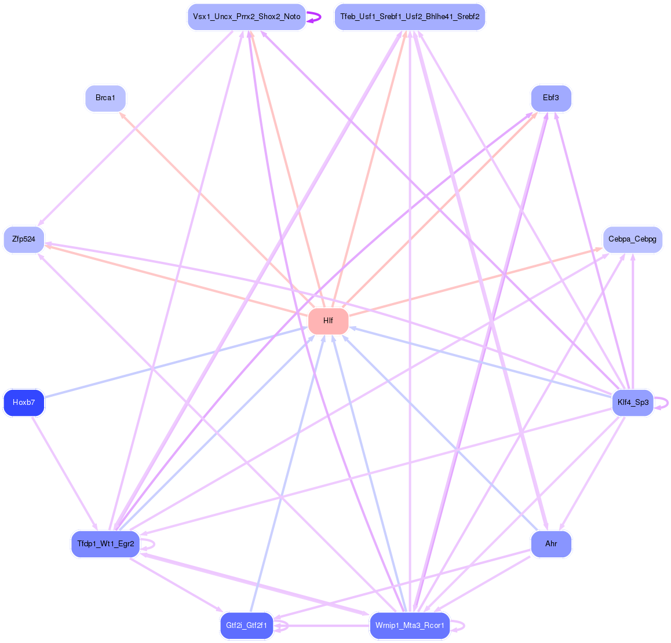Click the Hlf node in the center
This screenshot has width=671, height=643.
tap(328, 321)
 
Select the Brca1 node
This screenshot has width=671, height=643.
tap(105, 98)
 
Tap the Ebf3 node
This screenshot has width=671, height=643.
tap(551, 98)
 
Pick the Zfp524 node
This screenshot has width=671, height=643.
tap(24, 239)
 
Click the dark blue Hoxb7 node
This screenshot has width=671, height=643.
tap(24, 403)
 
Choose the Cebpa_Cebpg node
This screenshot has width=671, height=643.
tap(632, 239)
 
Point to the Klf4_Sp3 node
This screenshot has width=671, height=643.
tap(632, 403)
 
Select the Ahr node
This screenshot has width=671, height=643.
tap(551, 544)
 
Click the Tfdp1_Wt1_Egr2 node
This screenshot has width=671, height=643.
tap(105, 544)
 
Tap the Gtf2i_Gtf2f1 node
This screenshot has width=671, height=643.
tap(246, 626)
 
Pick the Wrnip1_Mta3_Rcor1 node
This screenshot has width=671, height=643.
tap(410, 626)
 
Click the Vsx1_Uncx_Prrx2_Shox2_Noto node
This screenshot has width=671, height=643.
tap(246, 17)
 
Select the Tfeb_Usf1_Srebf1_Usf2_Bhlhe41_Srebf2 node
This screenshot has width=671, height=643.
tap(410, 17)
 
